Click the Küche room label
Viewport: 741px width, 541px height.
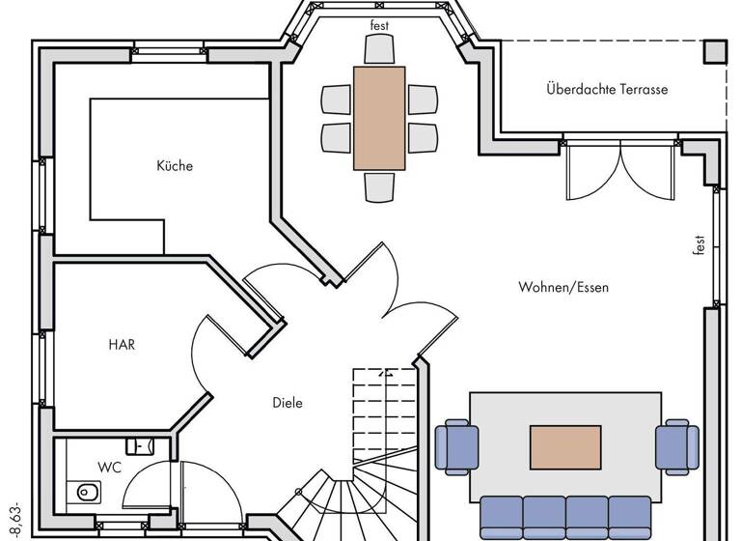pos(175,166)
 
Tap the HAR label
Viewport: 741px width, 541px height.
pos(121,345)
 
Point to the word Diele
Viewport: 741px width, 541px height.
pos(287,403)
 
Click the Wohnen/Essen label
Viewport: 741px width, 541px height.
pos(563,287)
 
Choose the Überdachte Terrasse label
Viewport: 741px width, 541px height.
pos(607,90)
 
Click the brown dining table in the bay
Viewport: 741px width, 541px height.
pos(379,118)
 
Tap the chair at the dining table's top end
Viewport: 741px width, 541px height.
pos(379,50)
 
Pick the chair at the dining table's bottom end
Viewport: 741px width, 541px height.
pos(379,186)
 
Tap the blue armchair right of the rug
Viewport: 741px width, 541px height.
pos(676,447)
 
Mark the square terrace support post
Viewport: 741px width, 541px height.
pos(716,51)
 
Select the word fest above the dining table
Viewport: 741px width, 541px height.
pos(380,26)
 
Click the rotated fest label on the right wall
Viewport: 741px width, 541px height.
pos(699,245)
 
